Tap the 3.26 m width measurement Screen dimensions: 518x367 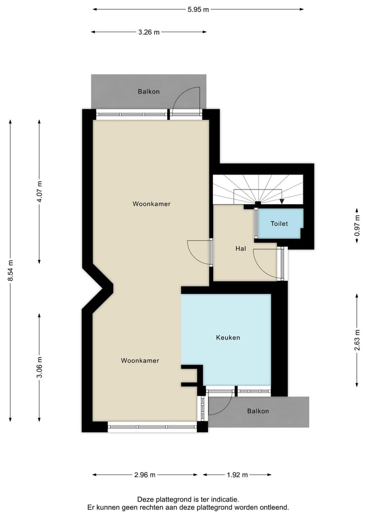point(149,32)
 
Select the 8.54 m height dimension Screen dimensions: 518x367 point(11,270)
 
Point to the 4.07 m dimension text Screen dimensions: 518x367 point(40,192)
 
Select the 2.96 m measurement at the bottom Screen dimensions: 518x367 point(145,475)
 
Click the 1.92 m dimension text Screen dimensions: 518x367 point(237,475)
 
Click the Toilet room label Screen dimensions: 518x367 point(279,224)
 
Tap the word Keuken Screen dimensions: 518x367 point(228,337)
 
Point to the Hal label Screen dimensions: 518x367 point(241,249)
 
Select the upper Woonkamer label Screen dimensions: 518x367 point(151,204)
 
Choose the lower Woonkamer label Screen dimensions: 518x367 point(140,360)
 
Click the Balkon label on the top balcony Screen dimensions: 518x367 point(149,92)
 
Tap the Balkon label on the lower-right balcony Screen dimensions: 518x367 point(258,411)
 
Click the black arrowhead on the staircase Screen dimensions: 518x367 point(282,201)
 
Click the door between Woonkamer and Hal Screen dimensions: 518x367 point(211,252)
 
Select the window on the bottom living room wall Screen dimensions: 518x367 point(152,427)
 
